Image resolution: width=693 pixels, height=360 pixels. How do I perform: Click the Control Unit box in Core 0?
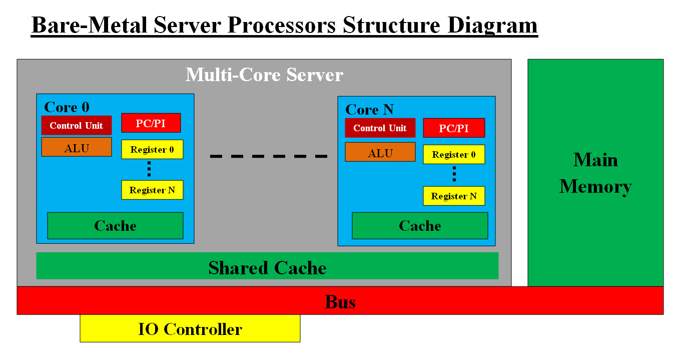coord(76,125)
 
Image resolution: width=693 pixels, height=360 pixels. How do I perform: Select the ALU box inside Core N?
coord(380,152)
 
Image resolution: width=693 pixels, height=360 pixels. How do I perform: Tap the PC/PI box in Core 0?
coord(151,123)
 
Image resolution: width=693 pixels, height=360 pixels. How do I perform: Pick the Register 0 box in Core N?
coord(454,154)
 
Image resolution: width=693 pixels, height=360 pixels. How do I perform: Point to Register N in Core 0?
coord(152,190)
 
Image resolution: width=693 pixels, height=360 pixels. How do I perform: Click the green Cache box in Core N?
coord(420,226)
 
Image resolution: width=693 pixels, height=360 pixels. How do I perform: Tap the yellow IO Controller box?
coord(190,328)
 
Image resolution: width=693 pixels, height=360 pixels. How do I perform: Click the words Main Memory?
coord(595,173)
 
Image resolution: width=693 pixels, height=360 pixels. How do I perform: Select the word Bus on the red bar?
coord(340,301)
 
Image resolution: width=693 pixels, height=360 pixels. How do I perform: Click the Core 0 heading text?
coord(67,107)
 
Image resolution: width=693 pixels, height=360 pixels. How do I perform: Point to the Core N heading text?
coord(369,110)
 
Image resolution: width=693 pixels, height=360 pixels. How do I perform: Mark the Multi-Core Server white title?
coord(264,75)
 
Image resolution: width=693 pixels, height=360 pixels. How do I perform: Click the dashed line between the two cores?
coord(269,156)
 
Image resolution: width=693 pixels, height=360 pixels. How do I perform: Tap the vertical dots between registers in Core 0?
coord(149,169)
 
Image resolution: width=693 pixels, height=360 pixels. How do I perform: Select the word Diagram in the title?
coord(492,25)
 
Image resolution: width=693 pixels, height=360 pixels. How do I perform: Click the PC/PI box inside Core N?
coord(454,128)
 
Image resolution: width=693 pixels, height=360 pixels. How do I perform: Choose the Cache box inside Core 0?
coord(115,226)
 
